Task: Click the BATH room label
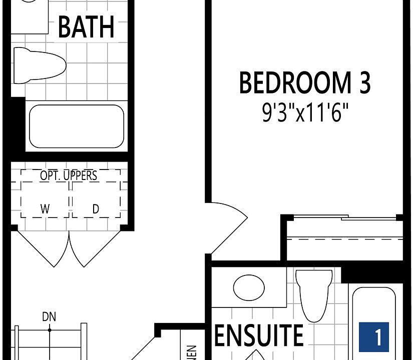point(86,27)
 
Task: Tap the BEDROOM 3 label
point(304,83)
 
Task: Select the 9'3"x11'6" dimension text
point(304,113)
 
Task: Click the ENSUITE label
point(259,335)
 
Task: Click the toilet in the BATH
point(39,65)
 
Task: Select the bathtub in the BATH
point(76,126)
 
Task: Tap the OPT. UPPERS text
point(69,175)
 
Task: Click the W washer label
point(45,209)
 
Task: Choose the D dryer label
point(96,209)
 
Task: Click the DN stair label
point(49,316)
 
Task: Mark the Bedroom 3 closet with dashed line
point(344,239)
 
